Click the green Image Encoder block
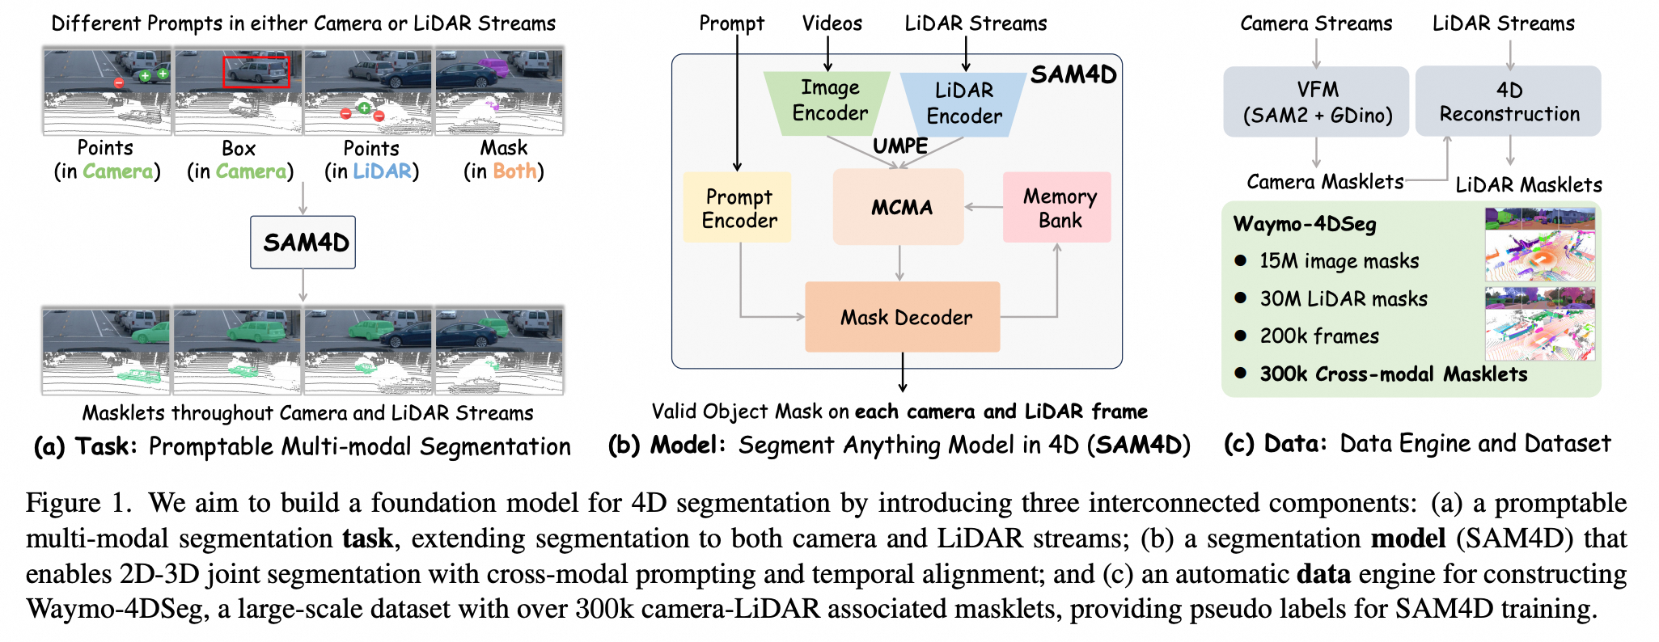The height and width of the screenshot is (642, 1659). (x=828, y=100)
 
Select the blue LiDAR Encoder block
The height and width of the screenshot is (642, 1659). (x=963, y=103)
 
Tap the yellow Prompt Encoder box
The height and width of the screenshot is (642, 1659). (x=738, y=208)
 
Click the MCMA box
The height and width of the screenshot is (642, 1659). (x=899, y=208)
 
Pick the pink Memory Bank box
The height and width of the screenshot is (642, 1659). (x=1057, y=208)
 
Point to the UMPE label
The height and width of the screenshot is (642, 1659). (x=899, y=146)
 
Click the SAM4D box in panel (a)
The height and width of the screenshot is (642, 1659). (x=303, y=243)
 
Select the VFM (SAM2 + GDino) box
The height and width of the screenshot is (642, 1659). (x=1316, y=102)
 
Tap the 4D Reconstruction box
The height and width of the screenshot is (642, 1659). (x=1509, y=102)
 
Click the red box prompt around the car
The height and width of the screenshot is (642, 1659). (x=256, y=72)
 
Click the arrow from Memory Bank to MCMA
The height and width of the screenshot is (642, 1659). (x=983, y=207)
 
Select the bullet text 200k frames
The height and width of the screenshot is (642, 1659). (x=1318, y=336)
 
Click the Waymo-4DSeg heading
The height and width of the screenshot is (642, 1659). (x=1304, y=224)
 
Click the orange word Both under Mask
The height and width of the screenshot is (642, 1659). (x=514, y=171)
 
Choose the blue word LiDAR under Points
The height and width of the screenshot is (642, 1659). (x=383, y=171)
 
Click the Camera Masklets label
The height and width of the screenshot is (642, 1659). (x=1324, y=182)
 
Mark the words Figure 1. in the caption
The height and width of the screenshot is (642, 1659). (x=78, y=503)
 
